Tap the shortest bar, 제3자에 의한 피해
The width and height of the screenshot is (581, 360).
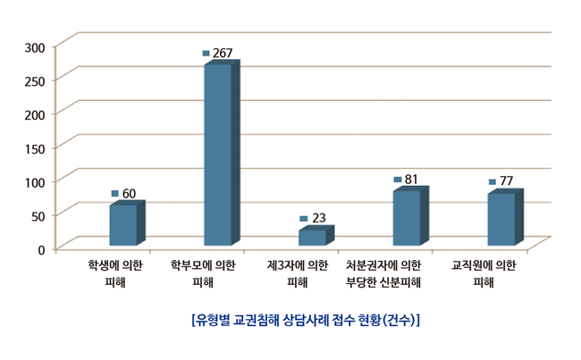312,237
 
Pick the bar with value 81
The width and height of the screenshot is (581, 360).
407,217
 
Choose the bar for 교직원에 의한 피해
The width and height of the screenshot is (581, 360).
501,218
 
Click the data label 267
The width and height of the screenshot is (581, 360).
223,54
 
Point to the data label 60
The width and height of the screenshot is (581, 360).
129,193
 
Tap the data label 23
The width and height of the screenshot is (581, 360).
317,218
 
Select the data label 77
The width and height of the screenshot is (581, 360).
506,181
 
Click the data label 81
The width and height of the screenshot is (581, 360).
411,180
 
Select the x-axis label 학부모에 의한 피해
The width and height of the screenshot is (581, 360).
203,273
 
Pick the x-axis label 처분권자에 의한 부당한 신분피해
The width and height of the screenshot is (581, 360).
383,273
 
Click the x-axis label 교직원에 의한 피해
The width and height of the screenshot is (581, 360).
484,273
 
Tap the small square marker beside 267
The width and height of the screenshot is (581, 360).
206,54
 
